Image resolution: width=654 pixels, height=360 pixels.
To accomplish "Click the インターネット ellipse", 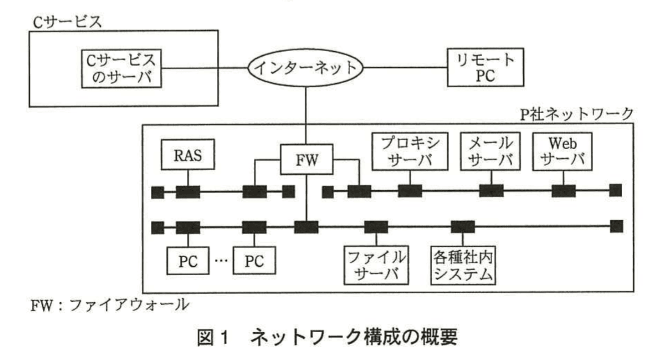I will (305, 68).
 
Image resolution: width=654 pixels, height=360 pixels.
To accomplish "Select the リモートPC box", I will (485, 68).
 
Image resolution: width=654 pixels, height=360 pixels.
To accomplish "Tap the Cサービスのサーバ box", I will (122, 69).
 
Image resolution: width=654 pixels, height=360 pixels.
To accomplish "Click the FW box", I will (306, 159).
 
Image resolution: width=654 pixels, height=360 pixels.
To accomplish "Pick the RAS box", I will (188, 155).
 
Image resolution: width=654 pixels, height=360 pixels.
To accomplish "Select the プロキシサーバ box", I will (410, 152).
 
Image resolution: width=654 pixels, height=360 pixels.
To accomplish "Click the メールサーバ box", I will (490, 152).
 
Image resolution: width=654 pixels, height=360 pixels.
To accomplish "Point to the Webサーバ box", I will (562, 152).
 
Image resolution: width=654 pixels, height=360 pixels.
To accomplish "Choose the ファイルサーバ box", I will (376, 265).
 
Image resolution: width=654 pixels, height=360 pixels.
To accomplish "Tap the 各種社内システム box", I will (463, 265).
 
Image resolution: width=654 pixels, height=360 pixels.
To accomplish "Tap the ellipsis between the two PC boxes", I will (221, 261).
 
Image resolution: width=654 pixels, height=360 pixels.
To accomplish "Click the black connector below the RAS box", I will (188, 192).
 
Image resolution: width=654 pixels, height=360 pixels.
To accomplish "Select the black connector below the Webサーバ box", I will (563, 191).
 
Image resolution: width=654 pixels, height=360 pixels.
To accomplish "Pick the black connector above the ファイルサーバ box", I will (376, 227).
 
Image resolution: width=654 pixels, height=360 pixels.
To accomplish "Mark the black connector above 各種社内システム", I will (463, 227).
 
